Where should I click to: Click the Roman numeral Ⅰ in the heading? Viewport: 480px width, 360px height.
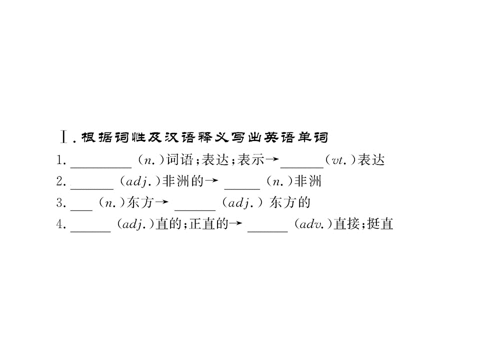point(63,137)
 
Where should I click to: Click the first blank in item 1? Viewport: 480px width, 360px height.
point(101,167)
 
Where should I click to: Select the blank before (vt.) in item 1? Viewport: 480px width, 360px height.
point(302,167)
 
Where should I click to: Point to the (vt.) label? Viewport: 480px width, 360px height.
point(341,160)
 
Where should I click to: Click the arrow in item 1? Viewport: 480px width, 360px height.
point(272,159)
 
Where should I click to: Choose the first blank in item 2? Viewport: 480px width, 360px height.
point(92,189)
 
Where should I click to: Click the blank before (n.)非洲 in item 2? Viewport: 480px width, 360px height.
point(242,189)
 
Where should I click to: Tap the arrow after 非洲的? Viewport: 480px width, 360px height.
point(211,180)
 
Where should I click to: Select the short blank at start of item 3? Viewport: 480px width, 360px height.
point(81,210)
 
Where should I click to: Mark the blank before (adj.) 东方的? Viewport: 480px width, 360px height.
point(195,210)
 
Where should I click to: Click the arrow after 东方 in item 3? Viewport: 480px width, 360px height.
point(161,202)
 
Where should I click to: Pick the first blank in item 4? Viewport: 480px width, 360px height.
point(90,231)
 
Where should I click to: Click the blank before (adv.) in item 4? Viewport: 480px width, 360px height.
point(267,231)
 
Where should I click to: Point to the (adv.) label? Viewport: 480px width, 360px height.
point(313,224)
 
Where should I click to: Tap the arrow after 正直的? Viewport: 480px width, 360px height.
point(235,223)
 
